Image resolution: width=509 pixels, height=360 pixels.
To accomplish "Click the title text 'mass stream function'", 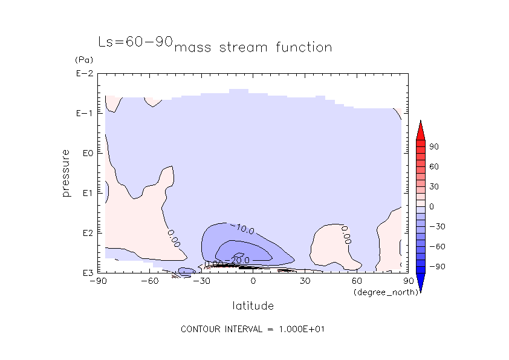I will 253,47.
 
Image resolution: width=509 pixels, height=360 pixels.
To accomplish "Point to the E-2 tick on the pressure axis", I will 83,74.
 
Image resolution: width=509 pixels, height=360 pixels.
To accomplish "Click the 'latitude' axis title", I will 253,306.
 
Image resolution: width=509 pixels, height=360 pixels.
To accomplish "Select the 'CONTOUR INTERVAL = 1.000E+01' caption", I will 254,329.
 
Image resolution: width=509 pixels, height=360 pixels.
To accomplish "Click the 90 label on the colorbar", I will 433,147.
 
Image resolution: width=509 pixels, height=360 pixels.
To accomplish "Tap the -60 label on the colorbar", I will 435,246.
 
